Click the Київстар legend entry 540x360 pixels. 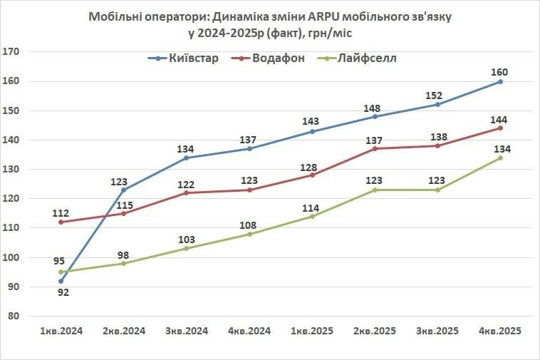(192, 58)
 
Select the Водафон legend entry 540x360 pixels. (279, 58)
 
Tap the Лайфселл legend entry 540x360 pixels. (368, 58)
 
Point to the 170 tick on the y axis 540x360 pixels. (11, 52)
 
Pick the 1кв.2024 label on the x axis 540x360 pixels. (61, 331)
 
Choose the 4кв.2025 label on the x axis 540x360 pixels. (500, 331)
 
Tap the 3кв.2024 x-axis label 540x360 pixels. (187, 331)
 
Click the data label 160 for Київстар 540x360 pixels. (500, 71)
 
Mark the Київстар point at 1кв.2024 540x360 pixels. (61, 281)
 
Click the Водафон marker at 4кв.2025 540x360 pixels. (500, 128)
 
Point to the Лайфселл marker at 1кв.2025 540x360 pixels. (312, 216)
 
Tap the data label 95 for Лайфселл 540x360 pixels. (61, 261)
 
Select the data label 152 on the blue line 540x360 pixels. (437, 95)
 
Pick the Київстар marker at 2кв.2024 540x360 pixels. (124, 190)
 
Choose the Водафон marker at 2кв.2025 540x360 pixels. (375, 148)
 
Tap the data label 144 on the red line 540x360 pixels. (500, 118)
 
